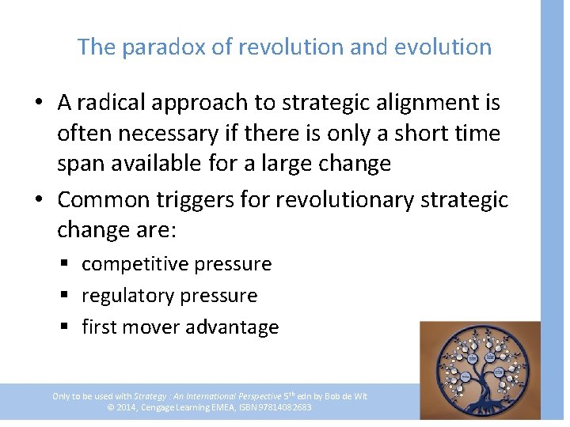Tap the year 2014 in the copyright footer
tap(128, 407)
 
